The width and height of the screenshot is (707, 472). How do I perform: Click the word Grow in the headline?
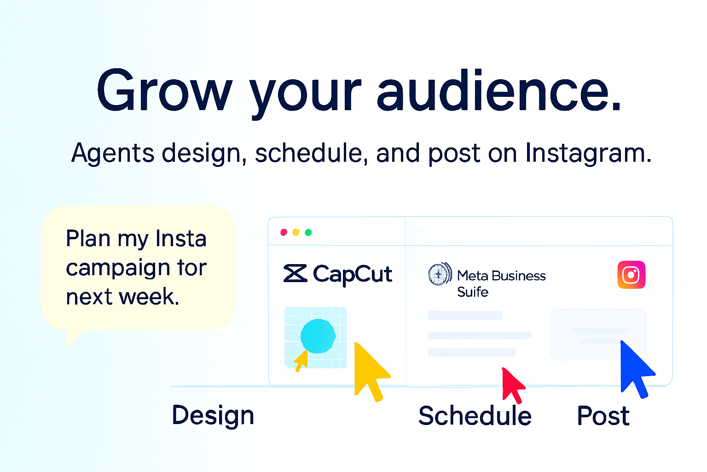click(164, 90)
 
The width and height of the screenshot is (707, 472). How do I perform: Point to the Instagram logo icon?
click(631, 274)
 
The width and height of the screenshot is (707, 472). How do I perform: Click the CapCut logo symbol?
click(296, 273)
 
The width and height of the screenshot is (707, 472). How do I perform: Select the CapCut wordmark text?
click(353, 274)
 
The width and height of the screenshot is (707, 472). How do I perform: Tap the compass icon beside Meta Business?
click(440, 274)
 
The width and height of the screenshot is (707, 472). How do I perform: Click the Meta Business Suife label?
click(501, 283)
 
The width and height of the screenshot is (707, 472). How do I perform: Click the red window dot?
click(284, 232)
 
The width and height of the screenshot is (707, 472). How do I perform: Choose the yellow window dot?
click(296, 232)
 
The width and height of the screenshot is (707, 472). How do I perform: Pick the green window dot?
click(308, 232)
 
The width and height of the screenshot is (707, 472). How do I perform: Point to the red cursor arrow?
click(513, 385)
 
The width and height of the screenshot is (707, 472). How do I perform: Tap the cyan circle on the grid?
click(318, 336)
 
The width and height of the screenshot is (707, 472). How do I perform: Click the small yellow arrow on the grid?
click(301, 360)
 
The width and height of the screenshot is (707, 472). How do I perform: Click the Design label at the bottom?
click(213, 416)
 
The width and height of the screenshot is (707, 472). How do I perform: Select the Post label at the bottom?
click(603, 415)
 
